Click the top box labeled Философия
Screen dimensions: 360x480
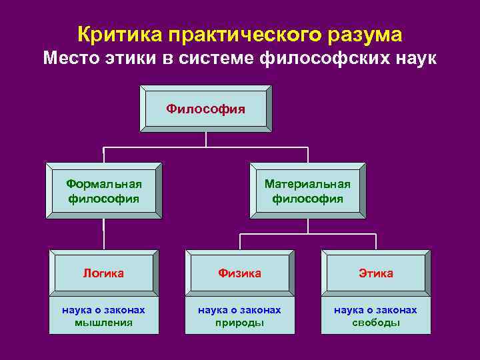tap(205, 108)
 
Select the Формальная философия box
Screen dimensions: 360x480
tap(103, 191)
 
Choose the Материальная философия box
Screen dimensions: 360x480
tap(307, 191)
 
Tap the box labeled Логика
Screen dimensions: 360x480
tap(103, 273)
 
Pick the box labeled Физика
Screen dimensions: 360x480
tap(240, 273)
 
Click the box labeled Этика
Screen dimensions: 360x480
tap(376, 273)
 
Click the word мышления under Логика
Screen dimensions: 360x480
tap(103, 323)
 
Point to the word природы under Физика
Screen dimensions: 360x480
tap(240, 323)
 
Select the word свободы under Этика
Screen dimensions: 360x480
tap(376, 323)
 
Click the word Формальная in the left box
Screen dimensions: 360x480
tap(103, 184)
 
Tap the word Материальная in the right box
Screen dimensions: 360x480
tap(307, 184)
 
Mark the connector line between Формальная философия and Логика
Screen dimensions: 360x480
tap(103, 233)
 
